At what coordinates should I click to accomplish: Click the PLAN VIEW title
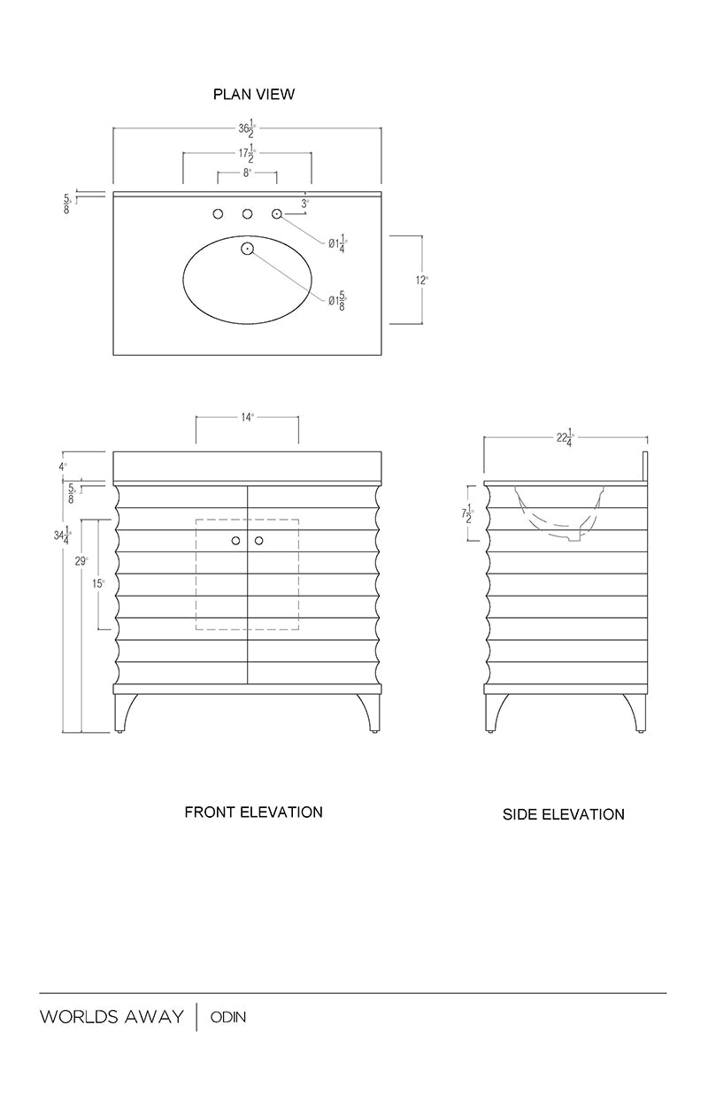[x=254, y=94]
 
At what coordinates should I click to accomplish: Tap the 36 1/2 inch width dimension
[x=247, y=130]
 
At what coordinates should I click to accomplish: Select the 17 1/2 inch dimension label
[x=247, y=154]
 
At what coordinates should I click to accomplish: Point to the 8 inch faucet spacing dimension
[x=247, y=173]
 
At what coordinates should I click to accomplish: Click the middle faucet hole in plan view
[x=248, y=214]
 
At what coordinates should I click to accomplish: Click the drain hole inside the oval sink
[x=248, y=249]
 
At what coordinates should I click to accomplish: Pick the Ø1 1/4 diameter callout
[x=338, y=243]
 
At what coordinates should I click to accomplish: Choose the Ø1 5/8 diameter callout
[x=338, y=301]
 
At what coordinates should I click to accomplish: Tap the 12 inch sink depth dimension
[x=421, y=281]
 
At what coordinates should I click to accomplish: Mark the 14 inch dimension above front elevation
[x=248, y=418]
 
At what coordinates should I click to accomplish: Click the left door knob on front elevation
[x=235, y=541]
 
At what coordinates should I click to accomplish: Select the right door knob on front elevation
[x=259, y=541]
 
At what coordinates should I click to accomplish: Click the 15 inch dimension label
[x=98, y=583]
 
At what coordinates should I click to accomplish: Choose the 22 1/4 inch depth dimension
[x=566, y=437]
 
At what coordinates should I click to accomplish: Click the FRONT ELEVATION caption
[x=254, y=813]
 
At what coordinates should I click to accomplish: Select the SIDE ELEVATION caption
[x=564, y=814]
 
